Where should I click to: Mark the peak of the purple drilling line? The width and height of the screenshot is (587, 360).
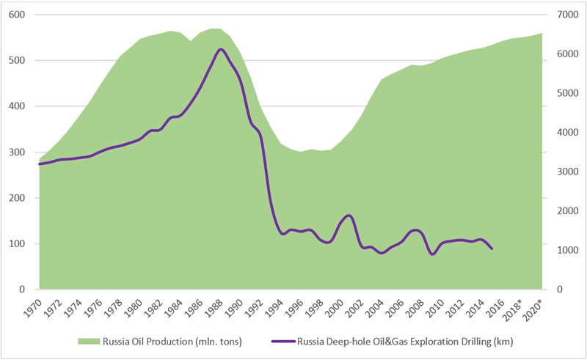point(221,49)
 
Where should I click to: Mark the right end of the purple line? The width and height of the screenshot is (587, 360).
point(492,249)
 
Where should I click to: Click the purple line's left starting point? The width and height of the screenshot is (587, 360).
point(40,164)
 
